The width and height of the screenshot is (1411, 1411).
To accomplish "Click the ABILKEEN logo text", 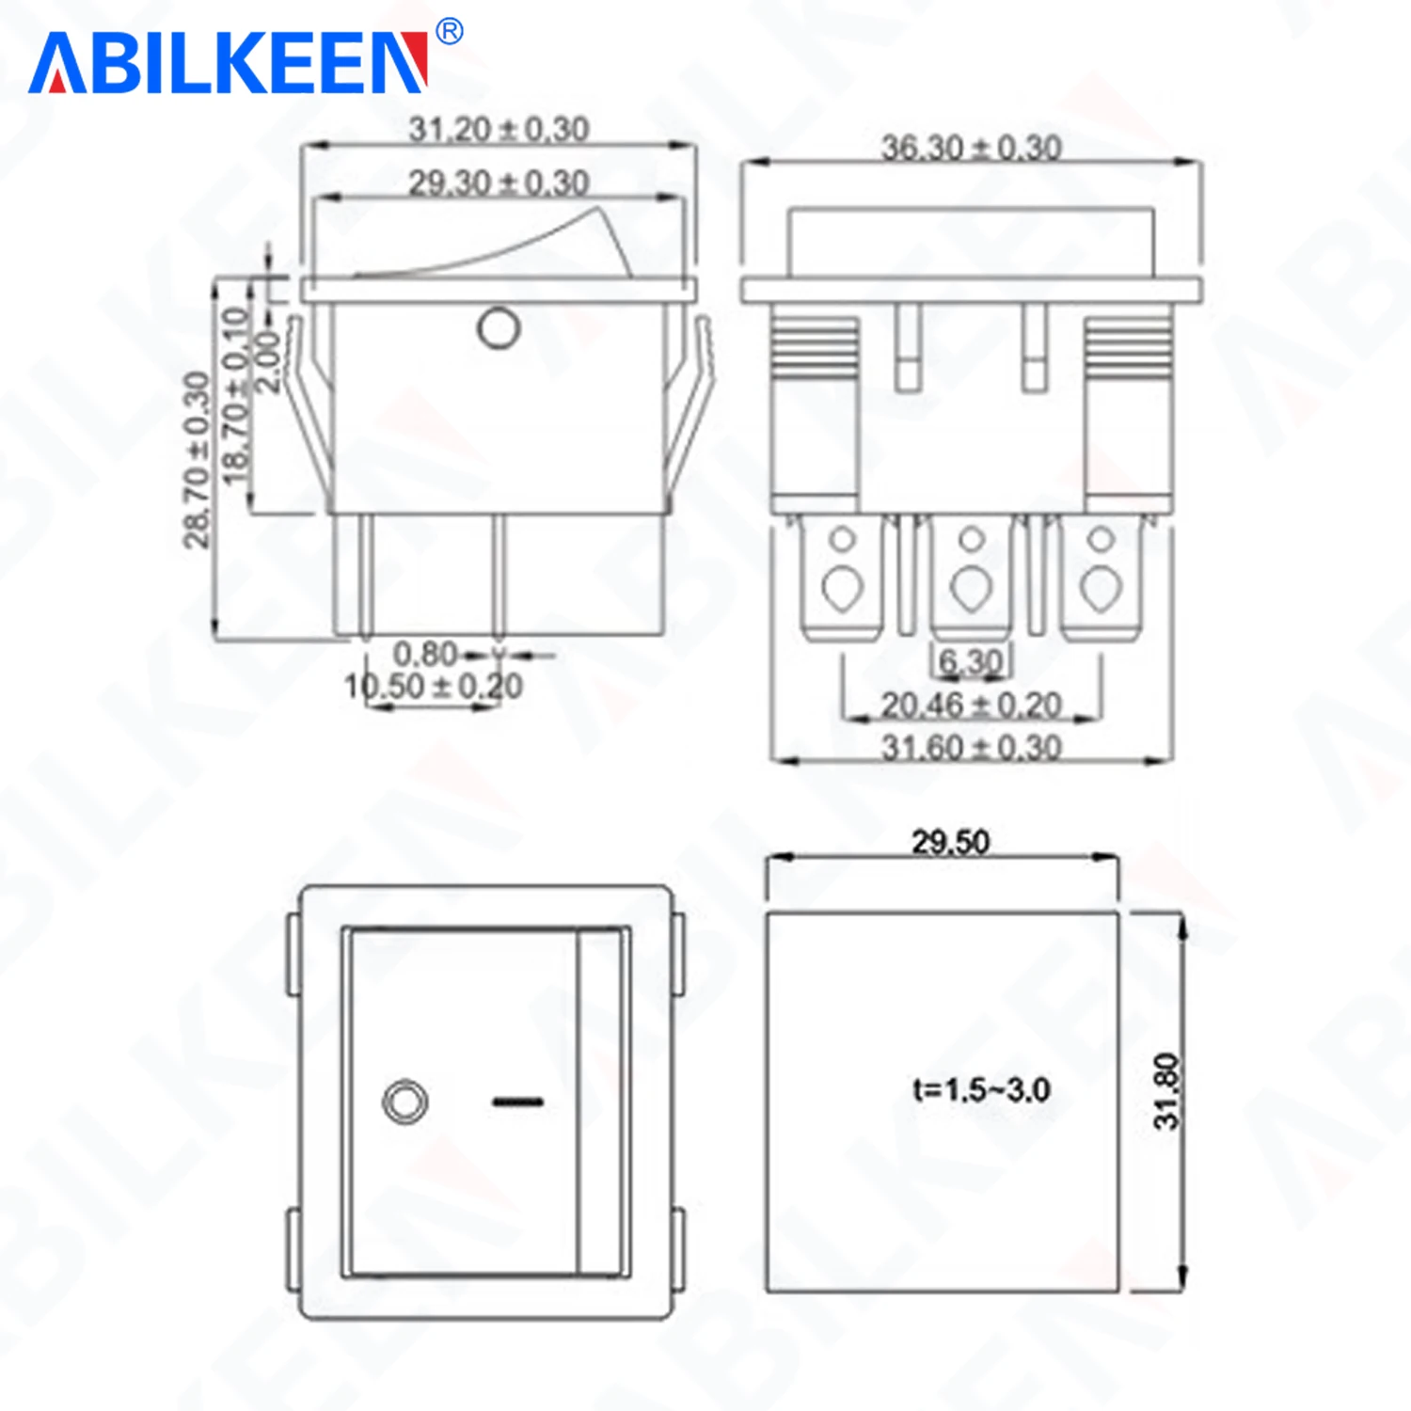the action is point(229,63).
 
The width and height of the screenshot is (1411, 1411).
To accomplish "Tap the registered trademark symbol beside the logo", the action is point(451,31).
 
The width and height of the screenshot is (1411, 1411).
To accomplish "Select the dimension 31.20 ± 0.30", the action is point(499,129).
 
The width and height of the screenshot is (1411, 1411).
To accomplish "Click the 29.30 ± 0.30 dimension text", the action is point(499,182).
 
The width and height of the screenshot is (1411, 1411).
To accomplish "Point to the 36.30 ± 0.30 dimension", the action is point(971,148).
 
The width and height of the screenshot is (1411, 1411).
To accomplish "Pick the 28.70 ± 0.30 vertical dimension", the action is point(196,459).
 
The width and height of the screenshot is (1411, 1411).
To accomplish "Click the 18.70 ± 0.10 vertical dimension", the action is point(235,395).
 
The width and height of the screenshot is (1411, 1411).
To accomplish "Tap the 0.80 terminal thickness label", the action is point(425,653).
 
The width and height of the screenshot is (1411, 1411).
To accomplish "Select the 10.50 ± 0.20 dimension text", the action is point(434,686).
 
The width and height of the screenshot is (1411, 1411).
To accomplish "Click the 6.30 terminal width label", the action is point(971,661).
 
